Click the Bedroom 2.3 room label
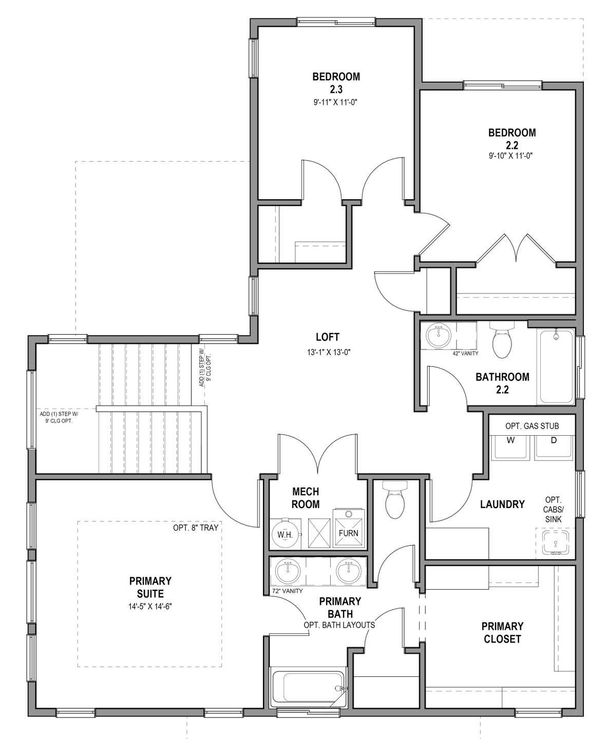coord(336,83)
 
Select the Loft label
coord(327,337)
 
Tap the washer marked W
coord(510,446)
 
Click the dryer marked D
coord(554,446)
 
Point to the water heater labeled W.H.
coord(285,534)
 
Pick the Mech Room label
coord(306,498)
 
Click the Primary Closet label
coord(502,632)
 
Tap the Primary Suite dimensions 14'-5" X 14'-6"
coord(150,606)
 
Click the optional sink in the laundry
coord(556,543)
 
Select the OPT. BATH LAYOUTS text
coord(339,625)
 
